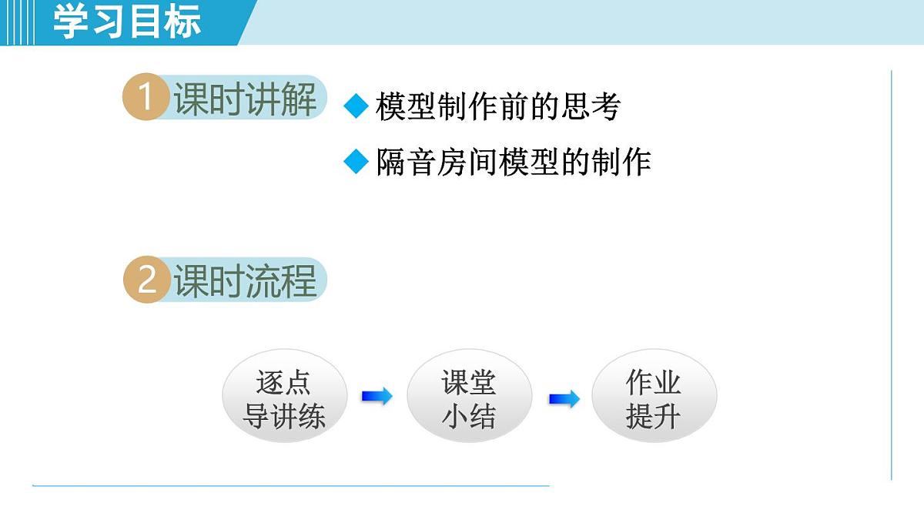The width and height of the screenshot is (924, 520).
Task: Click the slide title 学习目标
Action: coord(127,22)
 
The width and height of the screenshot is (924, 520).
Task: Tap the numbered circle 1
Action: coord(146,99)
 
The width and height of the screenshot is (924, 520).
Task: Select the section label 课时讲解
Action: coord(245,99)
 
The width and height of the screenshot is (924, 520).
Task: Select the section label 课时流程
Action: coord(245,280)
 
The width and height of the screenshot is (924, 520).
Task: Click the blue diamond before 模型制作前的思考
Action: coord(357,106)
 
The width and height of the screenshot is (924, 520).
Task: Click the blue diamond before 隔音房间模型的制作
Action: coord(357,162)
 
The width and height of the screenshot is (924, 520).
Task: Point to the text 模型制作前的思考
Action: coord(497,107)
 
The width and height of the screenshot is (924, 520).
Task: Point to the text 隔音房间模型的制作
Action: coord(514,163)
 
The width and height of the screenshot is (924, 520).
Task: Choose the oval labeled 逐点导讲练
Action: coord(284,399)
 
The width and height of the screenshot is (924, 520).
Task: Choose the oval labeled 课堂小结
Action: coord(469,399)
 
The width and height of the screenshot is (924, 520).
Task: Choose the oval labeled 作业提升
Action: coord(654,399)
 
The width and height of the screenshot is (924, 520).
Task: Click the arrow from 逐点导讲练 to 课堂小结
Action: coord(377,397)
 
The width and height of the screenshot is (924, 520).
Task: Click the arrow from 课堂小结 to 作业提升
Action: coord(564,399)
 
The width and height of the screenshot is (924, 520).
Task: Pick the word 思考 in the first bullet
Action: coord(590,107)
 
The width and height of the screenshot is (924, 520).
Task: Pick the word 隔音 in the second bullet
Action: coord(407,163)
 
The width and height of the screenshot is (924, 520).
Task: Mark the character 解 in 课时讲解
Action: coord(299,99)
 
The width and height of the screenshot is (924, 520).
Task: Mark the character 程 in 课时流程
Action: coord(299,280)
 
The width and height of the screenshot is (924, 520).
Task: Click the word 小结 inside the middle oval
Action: coord(468,417)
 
